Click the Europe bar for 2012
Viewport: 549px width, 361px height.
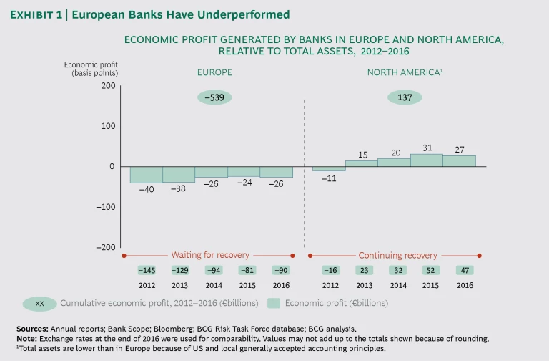146,175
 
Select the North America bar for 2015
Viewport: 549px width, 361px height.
426,160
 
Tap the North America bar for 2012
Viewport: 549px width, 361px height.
329,169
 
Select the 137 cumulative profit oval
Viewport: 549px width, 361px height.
405,97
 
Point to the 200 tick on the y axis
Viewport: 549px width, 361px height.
107,86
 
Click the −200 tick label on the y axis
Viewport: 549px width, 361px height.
105,247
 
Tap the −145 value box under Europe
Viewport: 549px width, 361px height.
147,271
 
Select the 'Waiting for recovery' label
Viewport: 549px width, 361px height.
210,255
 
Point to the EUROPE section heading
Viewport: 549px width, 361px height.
214,72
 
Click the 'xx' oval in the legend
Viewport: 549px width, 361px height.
40,304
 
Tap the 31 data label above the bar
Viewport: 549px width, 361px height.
427,148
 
